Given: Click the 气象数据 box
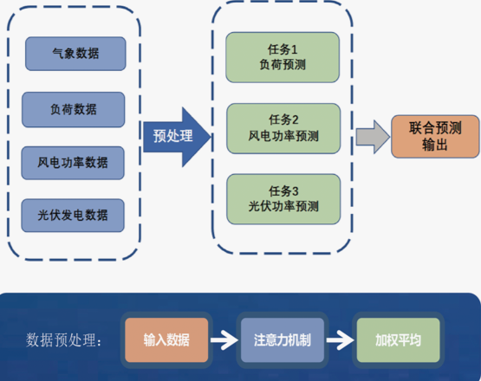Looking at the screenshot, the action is pyautogui.click(x=75, y=54).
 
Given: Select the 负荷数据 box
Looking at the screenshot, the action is pyautogui.click(x=74, y=109).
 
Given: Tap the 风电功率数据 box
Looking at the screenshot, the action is pyautogui.click(x=73, y=163).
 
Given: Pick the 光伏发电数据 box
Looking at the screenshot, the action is pyautogui.click(x=73, y=215).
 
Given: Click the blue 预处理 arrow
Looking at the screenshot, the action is pyautogui.click(x=177, y=137).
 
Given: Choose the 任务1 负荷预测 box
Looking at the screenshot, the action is pyautogui.click(x=283, y=57).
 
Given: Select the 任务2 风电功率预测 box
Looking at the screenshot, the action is pyautogui.click(x=283, y=128).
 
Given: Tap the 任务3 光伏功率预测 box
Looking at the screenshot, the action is pyautogui.click(x=283, y=199).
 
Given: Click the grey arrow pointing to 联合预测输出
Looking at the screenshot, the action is pyautogui.click(x=373, y=137).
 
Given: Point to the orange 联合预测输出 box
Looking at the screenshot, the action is pyautogui.click(x=435, y=137).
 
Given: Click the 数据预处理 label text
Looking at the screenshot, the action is pyautogui.click(x=64, y=340).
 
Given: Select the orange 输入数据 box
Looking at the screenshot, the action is pyautogui.click(x=166, y=340).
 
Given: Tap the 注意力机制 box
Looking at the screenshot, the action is pyautogui.click(x=283, y=340).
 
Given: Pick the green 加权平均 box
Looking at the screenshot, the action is pyautogui.click(x=398, y=340).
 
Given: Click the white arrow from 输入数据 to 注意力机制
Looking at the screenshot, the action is pyautogui.click(x=224, y=340).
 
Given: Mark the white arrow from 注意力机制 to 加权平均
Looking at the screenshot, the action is pyautogui.click(x=341, y=340).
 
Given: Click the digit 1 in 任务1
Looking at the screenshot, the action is pyautogui.click(x=294, y=49).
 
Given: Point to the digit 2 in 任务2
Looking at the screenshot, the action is pyautogui.click(x=295, y=119).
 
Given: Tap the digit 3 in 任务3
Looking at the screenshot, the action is pyautogui.click(x=295, y=191).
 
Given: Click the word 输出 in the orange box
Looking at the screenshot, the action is pyautogui.click(x=434, y=145).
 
